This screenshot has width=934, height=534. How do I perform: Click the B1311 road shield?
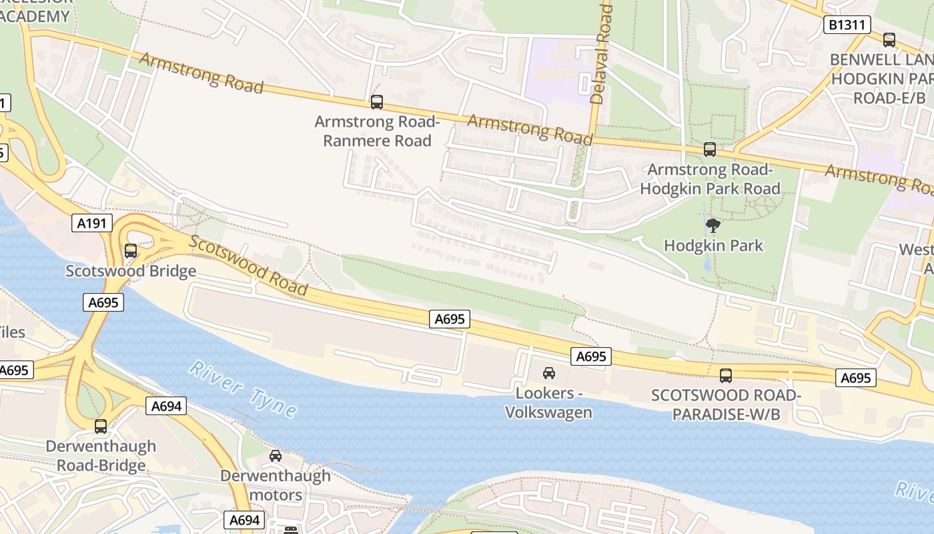tap(847, 25)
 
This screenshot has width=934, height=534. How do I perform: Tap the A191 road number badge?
tap(92, 223)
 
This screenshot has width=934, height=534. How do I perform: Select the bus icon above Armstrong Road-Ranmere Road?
tap(377, 102)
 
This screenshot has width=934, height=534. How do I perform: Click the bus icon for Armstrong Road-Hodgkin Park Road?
tap(710, 150)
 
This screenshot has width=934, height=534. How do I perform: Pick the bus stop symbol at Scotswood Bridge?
tap(131, 251)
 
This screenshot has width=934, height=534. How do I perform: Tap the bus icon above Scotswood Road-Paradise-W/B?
tap(726, 375)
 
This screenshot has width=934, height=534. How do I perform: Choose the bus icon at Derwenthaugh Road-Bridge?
tap(101, 426)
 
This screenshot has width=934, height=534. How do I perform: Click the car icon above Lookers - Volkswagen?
tap(548, 372)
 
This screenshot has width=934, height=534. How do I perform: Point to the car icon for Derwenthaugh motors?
tap(275, 456)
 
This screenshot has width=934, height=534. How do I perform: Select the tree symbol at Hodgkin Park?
tap(713, 226)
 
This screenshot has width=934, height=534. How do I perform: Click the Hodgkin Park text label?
tap(713, 246)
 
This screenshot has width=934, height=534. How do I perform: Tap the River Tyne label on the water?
tap(243, 389)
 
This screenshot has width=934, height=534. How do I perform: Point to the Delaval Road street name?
tap(601, 53)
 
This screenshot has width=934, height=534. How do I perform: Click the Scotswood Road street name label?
tap(248, 266)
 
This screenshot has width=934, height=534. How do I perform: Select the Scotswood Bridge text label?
tap(131, 271)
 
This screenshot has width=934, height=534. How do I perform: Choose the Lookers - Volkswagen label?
tap(548, 403)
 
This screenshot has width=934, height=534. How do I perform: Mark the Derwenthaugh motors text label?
tap(276, 485)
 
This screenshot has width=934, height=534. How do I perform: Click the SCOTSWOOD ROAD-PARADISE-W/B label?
tap(726, 405)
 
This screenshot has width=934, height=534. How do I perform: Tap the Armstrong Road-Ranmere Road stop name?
tap(377, 131)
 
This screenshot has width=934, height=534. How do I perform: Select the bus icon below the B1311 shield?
tap(889, 40)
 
